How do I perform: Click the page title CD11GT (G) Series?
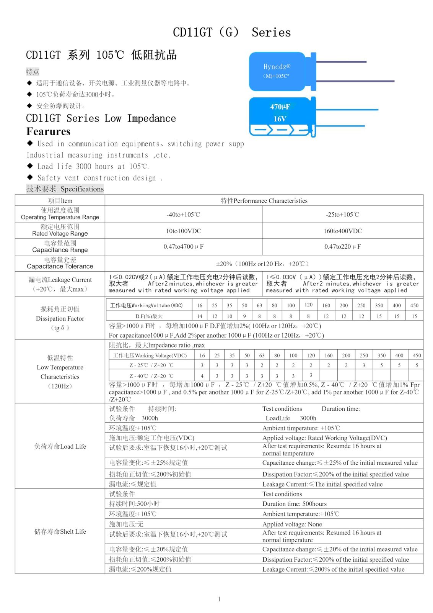tap(231, 32)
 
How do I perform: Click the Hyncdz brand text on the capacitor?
tap(277, 67)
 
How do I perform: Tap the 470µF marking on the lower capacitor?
tap(280, 107)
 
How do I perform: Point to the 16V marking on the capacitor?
tap(280, 119)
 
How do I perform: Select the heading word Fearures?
tap(49, 131)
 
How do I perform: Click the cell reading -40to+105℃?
tap(183, 215)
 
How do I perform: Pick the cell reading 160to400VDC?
tap(342, 231)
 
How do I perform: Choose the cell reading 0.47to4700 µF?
tap(183, 247)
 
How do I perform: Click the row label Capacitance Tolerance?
tap(60, 266)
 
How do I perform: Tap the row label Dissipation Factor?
tap(60, 318)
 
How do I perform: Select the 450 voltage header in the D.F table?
tap(414, 305)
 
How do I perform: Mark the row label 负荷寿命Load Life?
tap(60, 446)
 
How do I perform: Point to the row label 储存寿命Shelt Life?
tap(60, 531)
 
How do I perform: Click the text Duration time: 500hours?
tap(294, 504)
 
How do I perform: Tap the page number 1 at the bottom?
tap(219, 599)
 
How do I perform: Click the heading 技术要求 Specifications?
tap(65, 189)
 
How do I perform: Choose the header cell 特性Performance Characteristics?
tap(264, 201)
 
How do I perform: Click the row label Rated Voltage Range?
tap(60, 234)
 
